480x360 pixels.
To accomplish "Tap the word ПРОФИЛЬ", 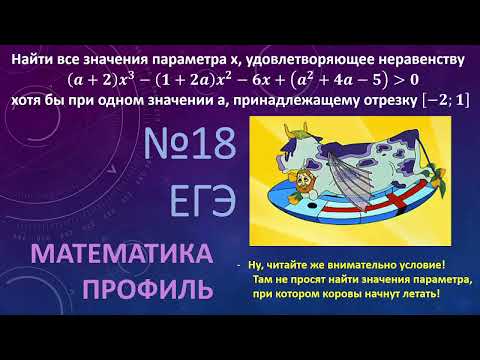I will [147, 291].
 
